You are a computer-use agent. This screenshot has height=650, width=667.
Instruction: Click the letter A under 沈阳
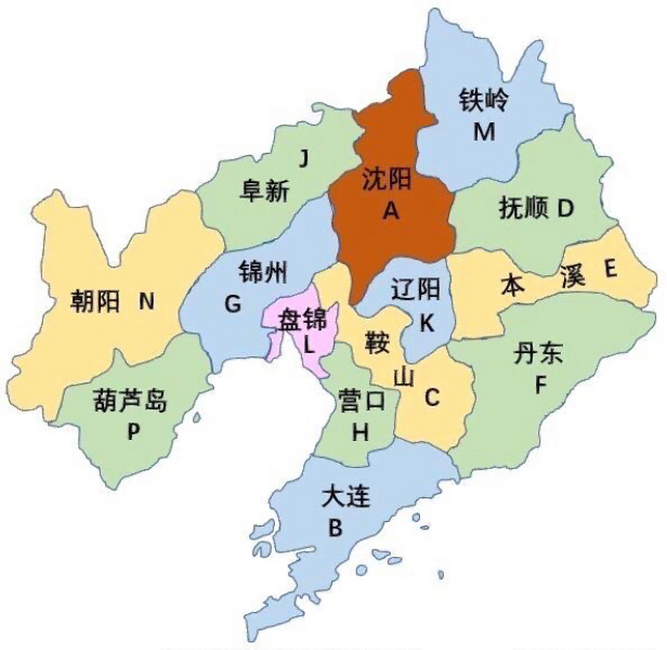coord(390,210)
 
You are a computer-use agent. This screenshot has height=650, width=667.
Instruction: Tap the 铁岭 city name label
coord(483,101)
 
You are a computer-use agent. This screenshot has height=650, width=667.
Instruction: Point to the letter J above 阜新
coord(303,159)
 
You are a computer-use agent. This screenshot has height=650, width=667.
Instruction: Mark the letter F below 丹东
coord(540,386)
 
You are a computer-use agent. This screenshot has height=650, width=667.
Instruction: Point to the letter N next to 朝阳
coord(146,303)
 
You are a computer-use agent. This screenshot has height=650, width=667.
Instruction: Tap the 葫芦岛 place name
coord(130,402)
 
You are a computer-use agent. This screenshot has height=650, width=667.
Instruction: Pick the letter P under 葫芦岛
coord(133,433)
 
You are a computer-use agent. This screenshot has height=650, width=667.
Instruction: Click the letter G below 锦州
coord(232,305)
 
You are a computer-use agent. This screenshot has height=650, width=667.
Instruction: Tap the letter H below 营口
coord(360,433)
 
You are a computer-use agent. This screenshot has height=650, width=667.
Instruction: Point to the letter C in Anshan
coord(431,398)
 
